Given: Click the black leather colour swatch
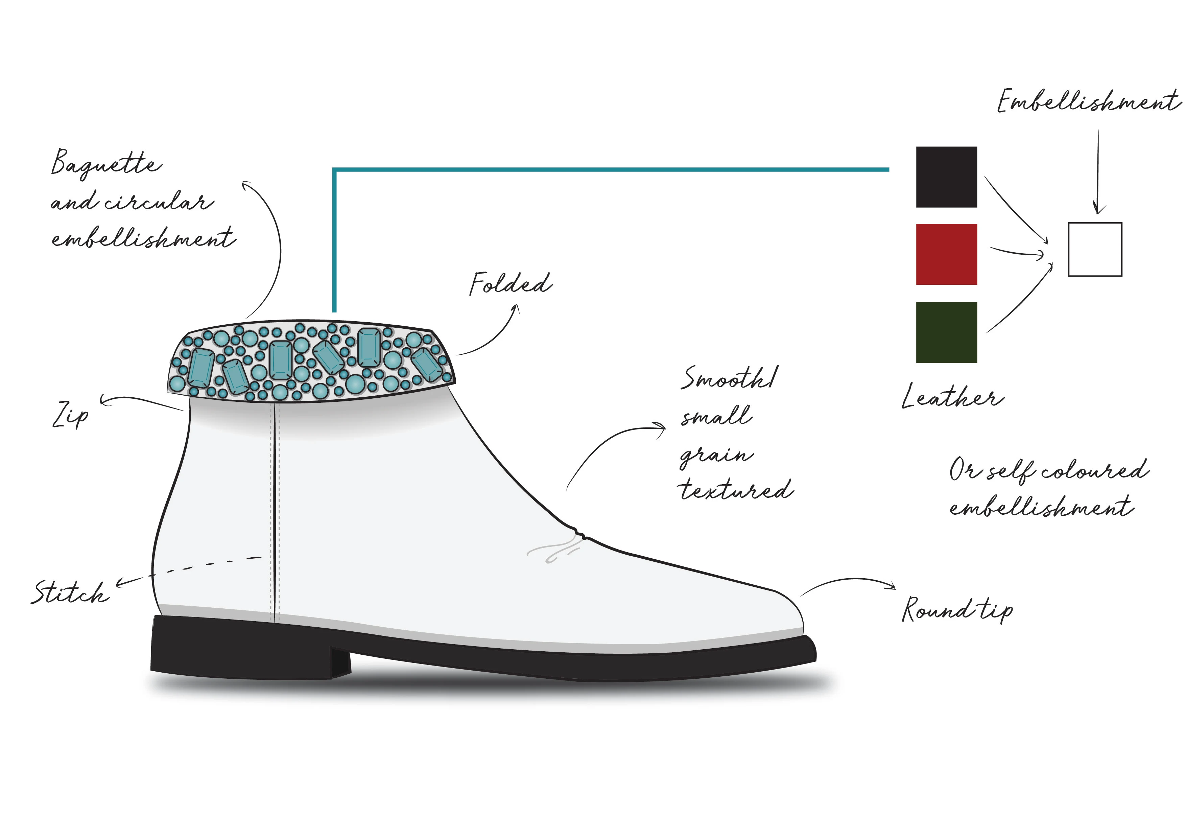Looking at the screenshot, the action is click(x=946, y=177).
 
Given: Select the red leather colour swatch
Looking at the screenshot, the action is click(x=946, y=254).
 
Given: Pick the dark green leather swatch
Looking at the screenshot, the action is click(x=946, y=332).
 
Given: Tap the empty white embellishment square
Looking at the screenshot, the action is click(x=1095, y=250).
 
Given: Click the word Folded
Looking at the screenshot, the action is click(x=511, y=284).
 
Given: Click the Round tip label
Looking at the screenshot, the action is click(x=957, y=610).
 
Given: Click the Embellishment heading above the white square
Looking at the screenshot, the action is click(x=1089, y=101).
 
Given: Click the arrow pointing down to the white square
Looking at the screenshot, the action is click(x=1098, y=171).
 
